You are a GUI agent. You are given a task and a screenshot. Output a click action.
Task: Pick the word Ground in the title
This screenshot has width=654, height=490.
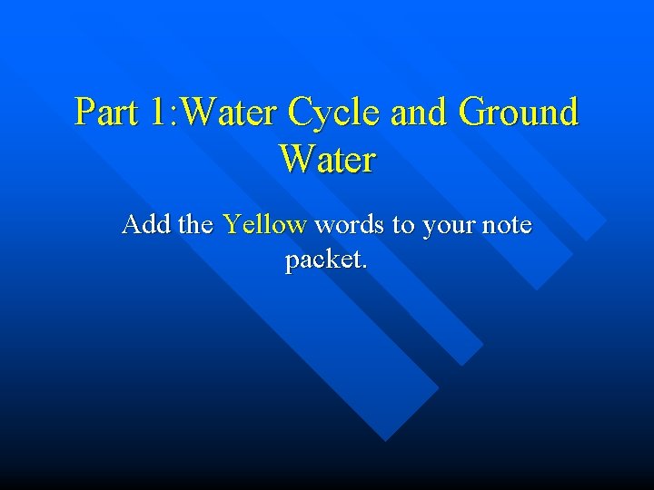[x=519, y=113]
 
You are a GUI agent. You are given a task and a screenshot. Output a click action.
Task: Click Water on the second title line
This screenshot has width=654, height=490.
[x=327, y=160]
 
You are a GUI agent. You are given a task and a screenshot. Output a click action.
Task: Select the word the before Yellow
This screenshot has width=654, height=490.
[x=195, y=224]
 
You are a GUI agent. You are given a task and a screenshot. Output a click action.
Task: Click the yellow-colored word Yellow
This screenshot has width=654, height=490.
[x=264, y=224]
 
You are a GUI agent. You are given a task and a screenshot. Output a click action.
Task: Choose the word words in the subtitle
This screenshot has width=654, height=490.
[x=350, y=224]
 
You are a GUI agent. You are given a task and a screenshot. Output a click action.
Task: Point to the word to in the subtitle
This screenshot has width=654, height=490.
[x=402, y=225]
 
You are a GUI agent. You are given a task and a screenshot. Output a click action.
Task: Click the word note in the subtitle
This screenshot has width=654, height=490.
[x=507, y=225]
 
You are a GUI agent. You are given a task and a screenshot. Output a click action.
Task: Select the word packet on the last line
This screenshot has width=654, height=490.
[x=322, y=261]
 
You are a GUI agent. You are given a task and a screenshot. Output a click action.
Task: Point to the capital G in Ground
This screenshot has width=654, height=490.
[x=473, y=113]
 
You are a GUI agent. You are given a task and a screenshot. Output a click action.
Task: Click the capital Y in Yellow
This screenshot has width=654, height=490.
[x=232, y=223]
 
